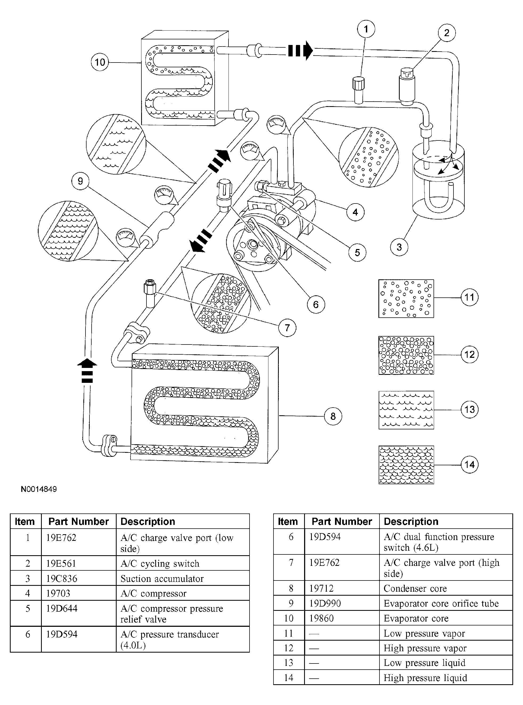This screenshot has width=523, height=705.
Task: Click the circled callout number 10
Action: (100, 62)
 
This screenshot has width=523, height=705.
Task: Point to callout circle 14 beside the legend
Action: (469, 465)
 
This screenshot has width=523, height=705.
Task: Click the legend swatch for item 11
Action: (406, 298)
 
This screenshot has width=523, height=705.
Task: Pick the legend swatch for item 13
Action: (406, 410)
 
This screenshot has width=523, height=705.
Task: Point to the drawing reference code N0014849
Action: (39, 489)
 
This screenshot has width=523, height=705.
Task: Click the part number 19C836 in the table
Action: (62, 578)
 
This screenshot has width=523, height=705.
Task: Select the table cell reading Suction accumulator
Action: (162, 578)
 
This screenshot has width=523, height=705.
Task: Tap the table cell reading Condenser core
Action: (415, 588)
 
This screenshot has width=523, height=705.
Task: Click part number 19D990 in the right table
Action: (325, 603)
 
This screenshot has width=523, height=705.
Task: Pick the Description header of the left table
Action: (148, 521)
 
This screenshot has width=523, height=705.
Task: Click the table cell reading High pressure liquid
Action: (425, 678)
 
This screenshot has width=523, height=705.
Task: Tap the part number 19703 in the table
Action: (58, 593)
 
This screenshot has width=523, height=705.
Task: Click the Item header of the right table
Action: (288, 521)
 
